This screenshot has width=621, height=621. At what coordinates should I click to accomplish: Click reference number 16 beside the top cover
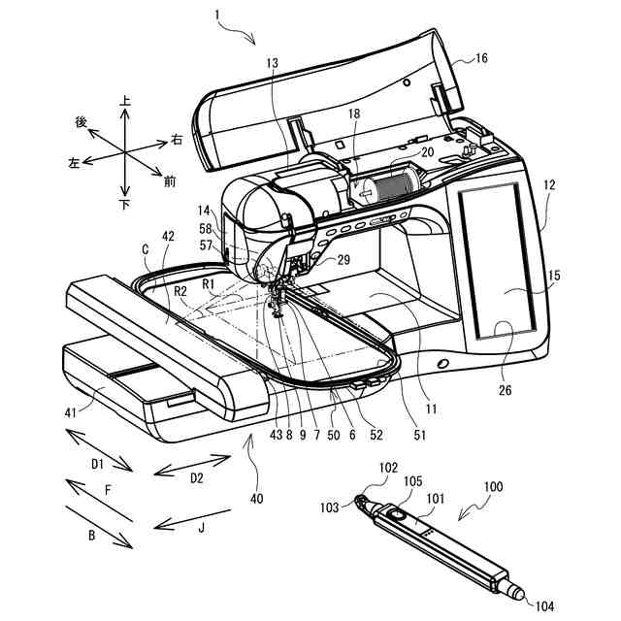481,59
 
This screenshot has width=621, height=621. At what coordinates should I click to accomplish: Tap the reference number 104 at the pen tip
543,606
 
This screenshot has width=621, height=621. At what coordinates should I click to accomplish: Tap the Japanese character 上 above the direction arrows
124,100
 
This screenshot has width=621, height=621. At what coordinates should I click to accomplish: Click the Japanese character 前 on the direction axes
170,180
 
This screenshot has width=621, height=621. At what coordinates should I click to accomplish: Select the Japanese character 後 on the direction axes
82,122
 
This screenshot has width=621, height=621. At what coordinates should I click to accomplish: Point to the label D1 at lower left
98,465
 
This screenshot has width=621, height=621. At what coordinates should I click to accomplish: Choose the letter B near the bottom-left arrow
90,533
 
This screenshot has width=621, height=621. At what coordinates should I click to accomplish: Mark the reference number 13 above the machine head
271,64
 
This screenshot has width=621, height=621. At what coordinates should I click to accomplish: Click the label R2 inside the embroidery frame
180,290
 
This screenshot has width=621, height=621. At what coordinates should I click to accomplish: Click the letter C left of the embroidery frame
146,249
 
